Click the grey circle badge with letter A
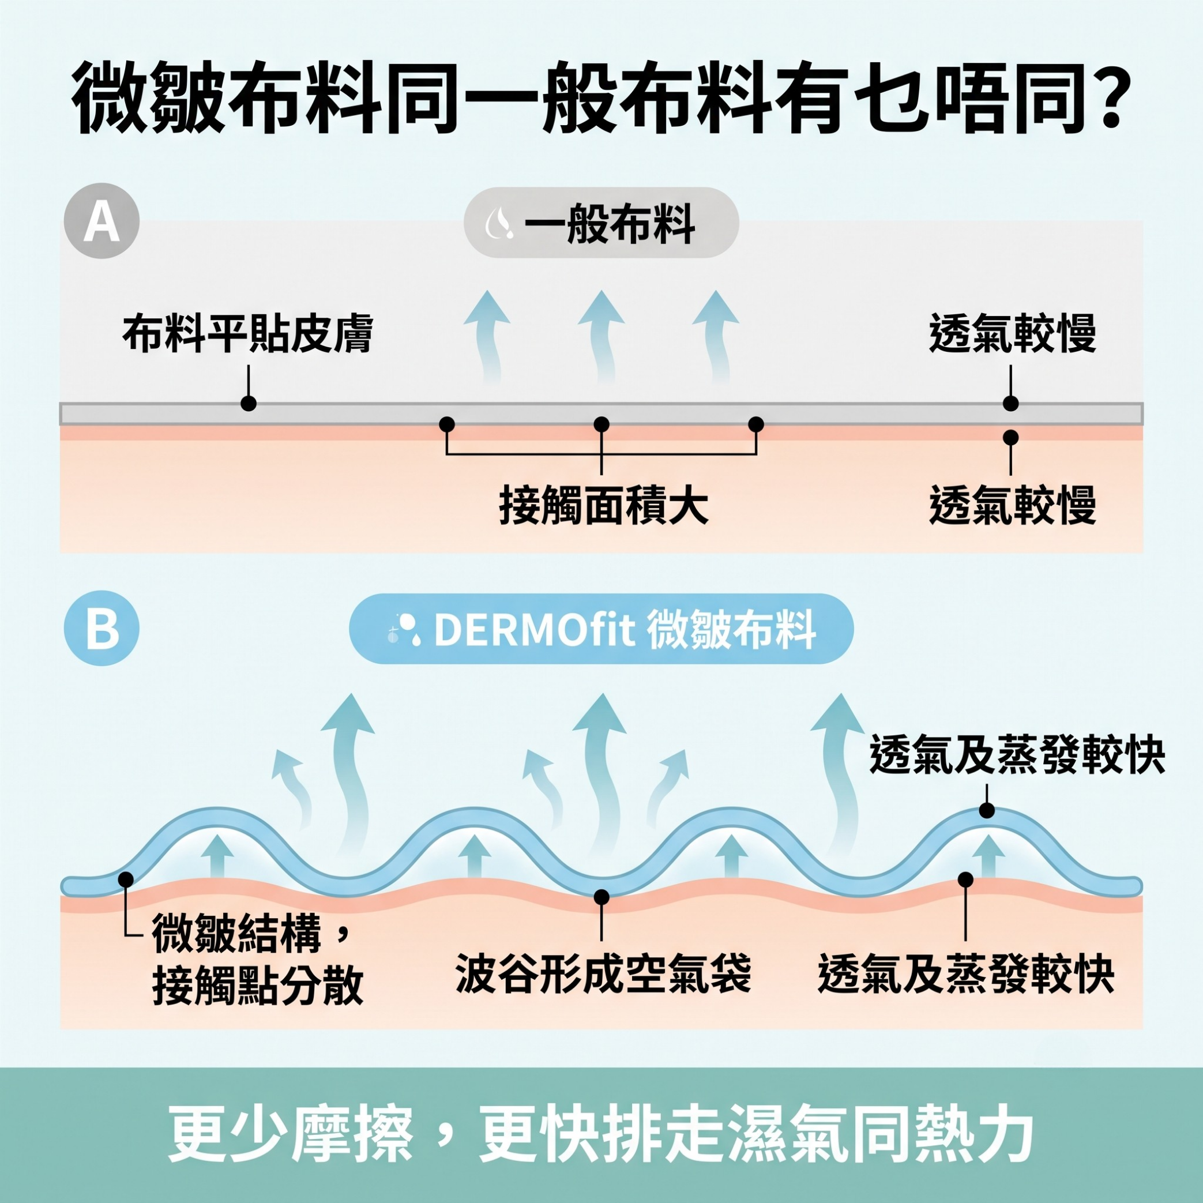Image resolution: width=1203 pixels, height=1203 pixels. [101, 221]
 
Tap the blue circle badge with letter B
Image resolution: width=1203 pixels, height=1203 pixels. [101, 628]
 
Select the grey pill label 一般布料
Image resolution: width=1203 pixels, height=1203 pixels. [601, 222]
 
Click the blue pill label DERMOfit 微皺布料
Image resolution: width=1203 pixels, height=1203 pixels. [601, 629]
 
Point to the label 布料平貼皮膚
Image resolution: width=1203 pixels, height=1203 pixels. [248, 334]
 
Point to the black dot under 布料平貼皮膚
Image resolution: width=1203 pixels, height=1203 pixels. [249, 404]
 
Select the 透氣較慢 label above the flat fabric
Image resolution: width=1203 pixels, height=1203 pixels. [1012, 334]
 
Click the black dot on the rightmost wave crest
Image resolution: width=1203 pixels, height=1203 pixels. [987, 810]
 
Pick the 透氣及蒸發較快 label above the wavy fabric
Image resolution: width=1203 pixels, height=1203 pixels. [1017, 754]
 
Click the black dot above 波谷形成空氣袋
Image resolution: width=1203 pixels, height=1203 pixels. [601, 897]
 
